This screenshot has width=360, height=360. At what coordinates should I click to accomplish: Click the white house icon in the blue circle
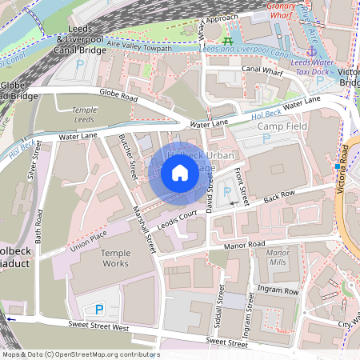pos(179,172)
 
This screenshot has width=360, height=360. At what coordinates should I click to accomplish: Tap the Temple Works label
pos(114,258)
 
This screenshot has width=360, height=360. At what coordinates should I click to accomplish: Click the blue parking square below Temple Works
pos(100,309)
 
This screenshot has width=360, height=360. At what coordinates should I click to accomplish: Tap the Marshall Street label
pos(144,228)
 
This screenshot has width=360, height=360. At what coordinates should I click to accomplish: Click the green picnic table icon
pos(229,41)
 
